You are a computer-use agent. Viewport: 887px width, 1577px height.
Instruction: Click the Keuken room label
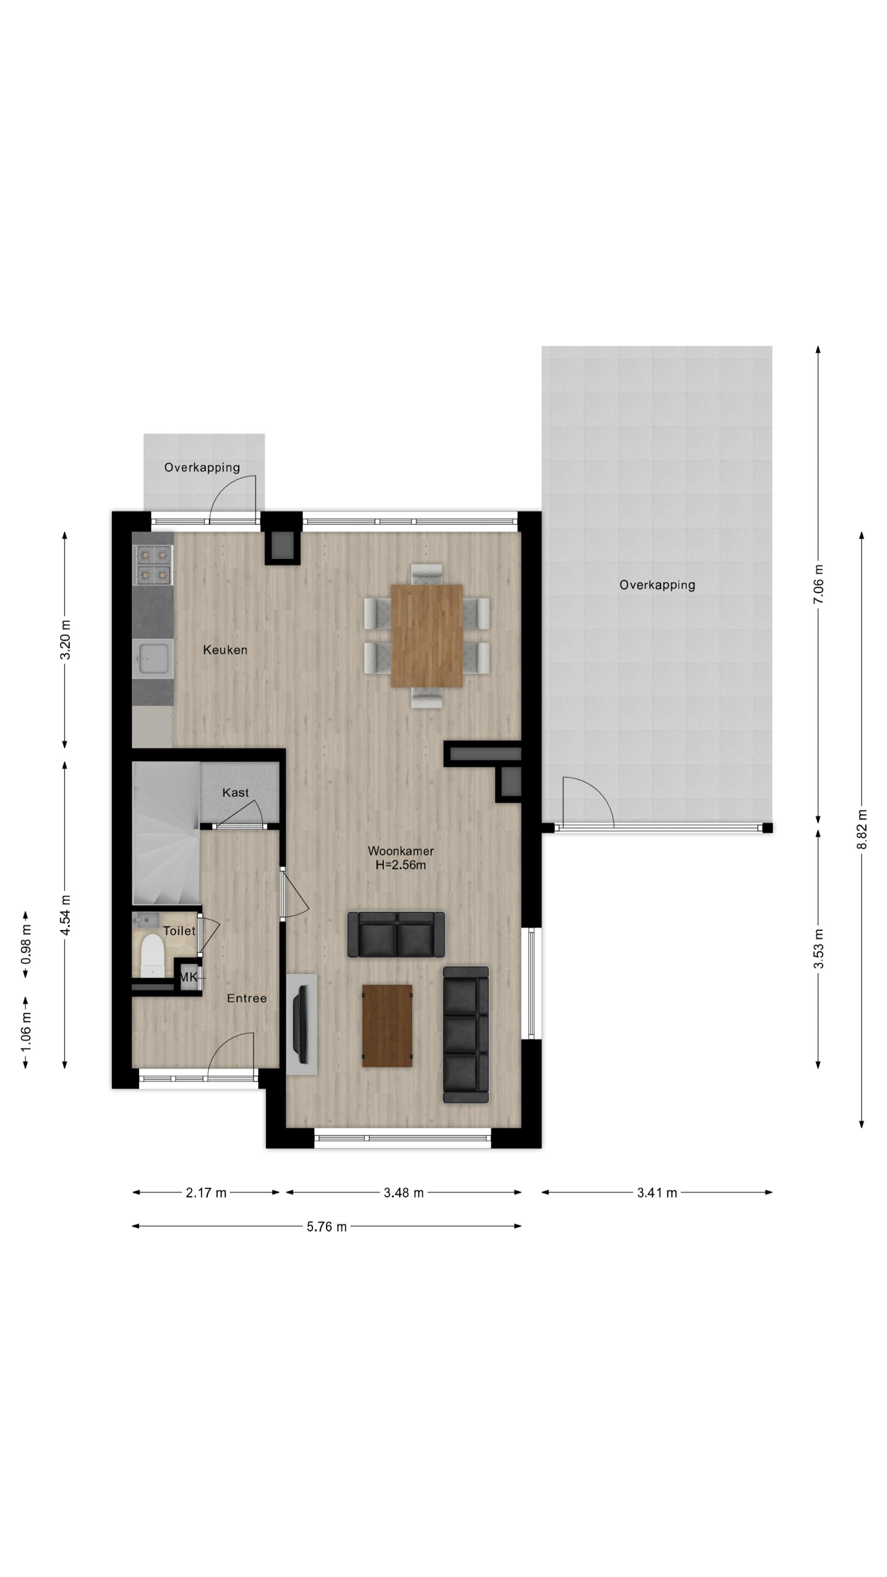coord(225,650)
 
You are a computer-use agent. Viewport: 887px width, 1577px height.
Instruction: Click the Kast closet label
coord(235,793)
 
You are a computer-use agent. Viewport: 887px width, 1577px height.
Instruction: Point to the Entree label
coord(247,999)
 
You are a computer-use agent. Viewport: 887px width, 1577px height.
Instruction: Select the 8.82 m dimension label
coord(862,829)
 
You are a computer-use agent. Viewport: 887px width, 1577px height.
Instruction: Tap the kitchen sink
coord(153,659)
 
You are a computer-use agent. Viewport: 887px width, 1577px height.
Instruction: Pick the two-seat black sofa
coord(396,934)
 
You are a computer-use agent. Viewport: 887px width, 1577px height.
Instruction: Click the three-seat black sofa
coord(466,1035)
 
